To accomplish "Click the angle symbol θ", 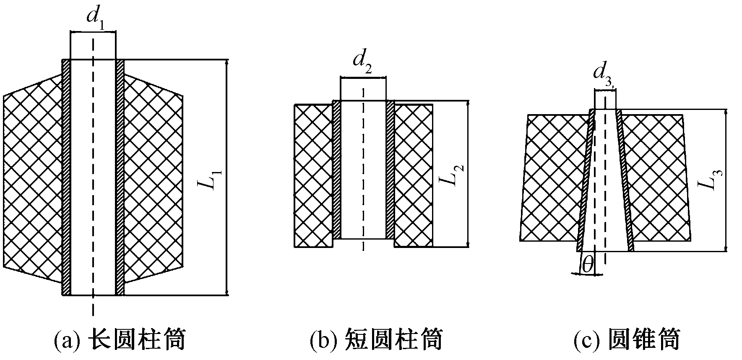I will click(588, 265).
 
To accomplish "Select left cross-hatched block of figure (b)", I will click(313, 175).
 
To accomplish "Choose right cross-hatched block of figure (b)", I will click(413, 175).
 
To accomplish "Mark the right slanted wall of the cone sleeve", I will click(625, 180).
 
